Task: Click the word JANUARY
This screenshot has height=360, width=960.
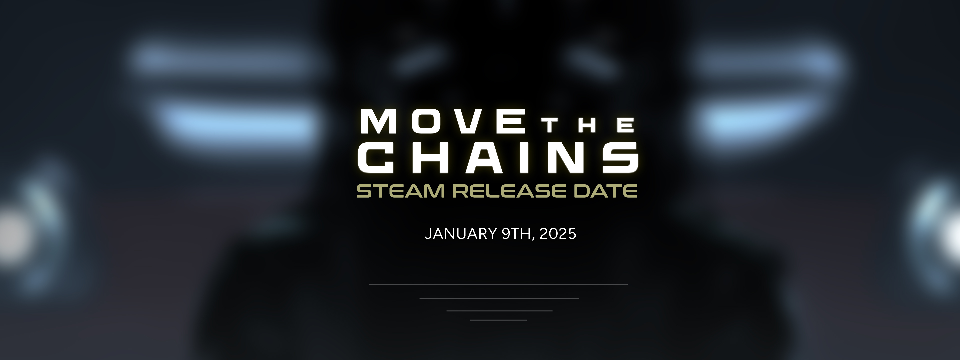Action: tap(460, 234)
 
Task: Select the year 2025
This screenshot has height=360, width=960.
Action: tap(558, 234)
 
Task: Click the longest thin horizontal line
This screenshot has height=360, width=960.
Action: tap(498, 285)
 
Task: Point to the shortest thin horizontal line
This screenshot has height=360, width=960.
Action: tap(499, 320)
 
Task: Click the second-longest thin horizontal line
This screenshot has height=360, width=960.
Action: tap(499, 298)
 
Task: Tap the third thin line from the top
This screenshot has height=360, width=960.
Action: tap(499, 311)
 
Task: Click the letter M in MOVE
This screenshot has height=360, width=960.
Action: tap(379, 121)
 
